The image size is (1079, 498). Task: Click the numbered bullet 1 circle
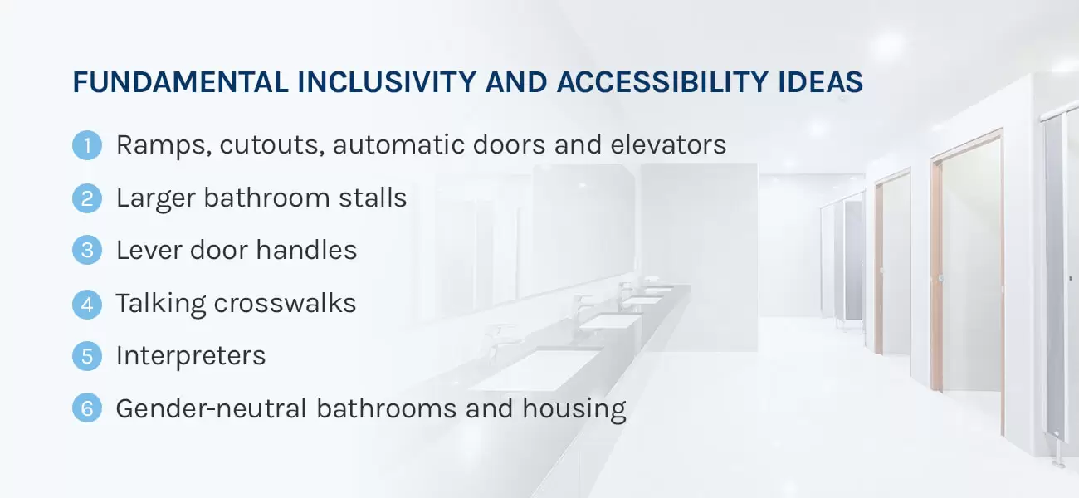(87, 145)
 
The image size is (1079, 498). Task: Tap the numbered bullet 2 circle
(87, 198)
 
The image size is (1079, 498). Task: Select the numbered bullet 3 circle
(87, 250)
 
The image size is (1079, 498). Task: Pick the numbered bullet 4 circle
(87, 305)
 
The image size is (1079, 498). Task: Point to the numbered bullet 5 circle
(87, 356)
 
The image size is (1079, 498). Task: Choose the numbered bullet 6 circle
(87, 408)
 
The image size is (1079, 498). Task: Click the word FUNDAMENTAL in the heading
(181, 82)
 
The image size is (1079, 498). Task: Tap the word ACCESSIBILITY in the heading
(662, 82)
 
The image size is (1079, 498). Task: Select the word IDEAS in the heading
(820, 82)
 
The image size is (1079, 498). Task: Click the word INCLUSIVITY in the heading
(387, 82)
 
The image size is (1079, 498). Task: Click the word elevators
(668, 144)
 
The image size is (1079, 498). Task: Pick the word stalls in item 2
(373, 198)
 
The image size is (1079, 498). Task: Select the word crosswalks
(285, 303)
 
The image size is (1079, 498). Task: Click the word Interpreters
(191, 356)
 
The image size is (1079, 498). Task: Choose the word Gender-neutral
(212, 408)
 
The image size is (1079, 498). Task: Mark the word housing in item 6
(574, 409)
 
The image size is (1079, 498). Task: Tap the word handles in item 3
(306, 250)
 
